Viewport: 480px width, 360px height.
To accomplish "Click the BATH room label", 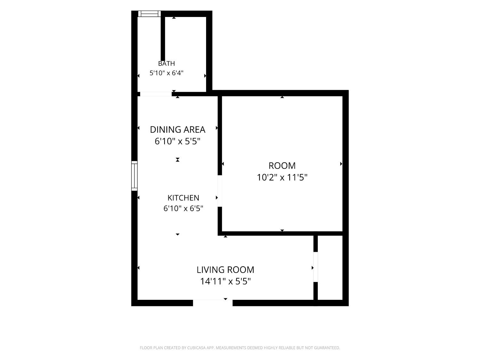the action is click(166, 64).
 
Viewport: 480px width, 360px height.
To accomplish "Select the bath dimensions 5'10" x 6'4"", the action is click(166, 73).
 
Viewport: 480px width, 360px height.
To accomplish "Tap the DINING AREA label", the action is click(178, 130).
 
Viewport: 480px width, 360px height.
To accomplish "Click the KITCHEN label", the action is click(183, 198).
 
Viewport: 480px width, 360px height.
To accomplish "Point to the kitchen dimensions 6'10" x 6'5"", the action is click(183, 208).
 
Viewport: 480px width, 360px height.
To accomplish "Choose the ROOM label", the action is click(282, 166).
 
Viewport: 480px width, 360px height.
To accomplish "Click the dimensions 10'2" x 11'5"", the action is click(282, 177).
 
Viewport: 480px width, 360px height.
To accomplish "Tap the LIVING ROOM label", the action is click(226, 270).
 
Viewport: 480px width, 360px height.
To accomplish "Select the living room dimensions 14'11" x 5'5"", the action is click(226, 281).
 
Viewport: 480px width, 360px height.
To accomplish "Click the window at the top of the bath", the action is click(149, 14).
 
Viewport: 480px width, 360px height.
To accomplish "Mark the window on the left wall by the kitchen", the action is click(134, 176).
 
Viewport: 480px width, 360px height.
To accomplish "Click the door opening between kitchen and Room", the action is click(220, 191).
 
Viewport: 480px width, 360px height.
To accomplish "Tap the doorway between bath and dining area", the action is click(156, 94).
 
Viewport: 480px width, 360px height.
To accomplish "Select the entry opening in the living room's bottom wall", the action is click(212, 303).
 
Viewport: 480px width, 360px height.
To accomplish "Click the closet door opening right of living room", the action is click(316, 267).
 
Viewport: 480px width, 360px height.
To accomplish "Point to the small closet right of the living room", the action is click(330, 268).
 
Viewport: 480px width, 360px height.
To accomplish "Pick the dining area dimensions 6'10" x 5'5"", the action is click(178, 141).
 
